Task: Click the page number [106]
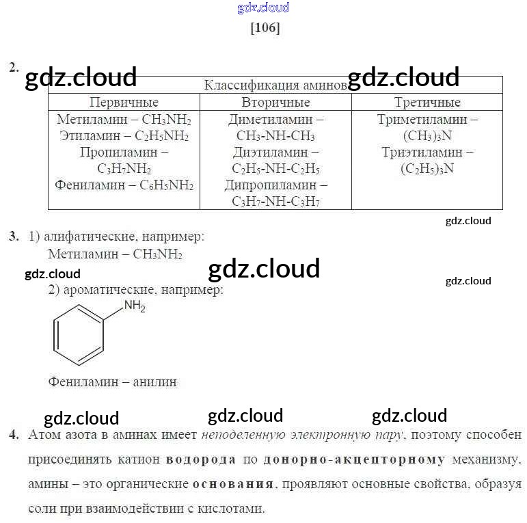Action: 265,28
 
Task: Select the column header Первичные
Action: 124,103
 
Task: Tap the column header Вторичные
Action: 275,103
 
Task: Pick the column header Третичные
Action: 427,103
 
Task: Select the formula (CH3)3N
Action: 427,135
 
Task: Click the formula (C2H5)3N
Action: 427,168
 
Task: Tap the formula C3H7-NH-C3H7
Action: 275,201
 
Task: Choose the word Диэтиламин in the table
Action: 266,152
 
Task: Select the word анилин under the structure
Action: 154,381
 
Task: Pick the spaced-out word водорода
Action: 201,459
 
